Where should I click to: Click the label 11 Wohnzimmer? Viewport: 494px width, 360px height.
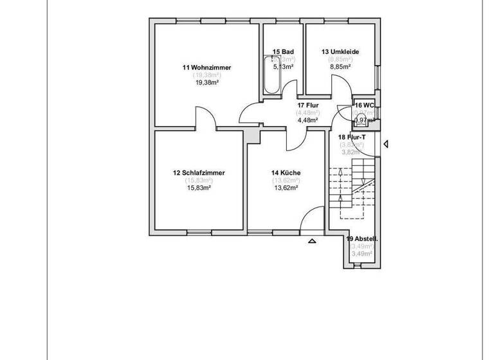point(207,67)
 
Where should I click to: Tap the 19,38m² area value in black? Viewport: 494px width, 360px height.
point(207,82)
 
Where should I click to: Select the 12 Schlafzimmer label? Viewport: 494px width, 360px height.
point(199,173)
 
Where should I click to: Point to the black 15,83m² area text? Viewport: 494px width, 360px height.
point(199,188)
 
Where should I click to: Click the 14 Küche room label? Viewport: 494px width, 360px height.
point(286,173)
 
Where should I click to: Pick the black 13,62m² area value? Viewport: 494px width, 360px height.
point(286,188)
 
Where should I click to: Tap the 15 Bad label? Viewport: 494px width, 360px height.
point(283,51)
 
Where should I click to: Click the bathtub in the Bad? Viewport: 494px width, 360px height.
point(269,75)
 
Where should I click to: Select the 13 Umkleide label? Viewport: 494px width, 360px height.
point(340,51)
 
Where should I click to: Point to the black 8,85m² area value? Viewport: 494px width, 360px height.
point(340,66)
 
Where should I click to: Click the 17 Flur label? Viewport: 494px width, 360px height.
point(307,105)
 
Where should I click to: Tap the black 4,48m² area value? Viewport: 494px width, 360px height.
point(307,119)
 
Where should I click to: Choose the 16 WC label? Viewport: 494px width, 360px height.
point(364,105)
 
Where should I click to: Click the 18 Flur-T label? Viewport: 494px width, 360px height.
point(351,137)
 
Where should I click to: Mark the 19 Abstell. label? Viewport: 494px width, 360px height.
point(362,239)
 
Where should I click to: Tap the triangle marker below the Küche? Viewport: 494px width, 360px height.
point(313,242)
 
